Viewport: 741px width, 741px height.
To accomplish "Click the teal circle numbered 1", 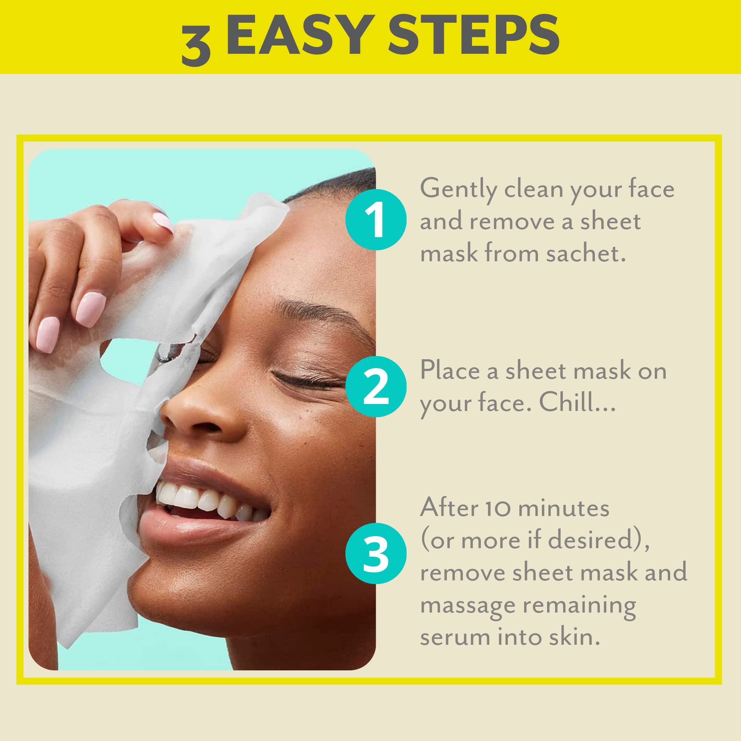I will pyautogui.click(x=375, y=220).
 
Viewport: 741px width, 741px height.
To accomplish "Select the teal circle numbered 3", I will pyautogui.click(x=375, y=553).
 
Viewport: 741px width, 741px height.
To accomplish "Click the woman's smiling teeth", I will pyautogui.click(x=203, y=499).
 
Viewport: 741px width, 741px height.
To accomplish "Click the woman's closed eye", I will pyautogui.click(x=307, y=378).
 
